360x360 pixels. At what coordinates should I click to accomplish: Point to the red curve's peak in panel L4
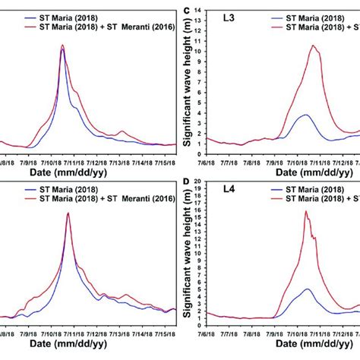point(306,211)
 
